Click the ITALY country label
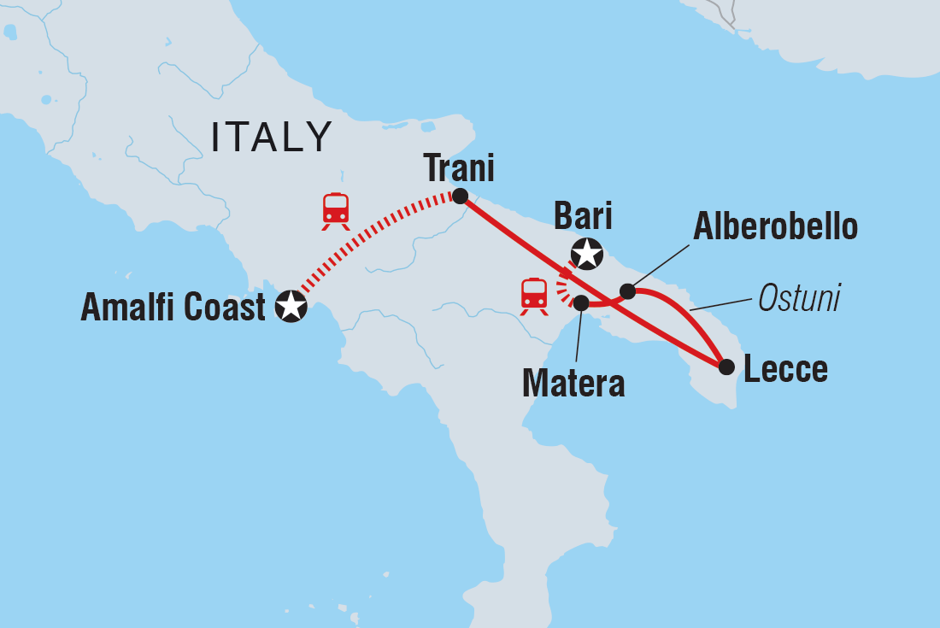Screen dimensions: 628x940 point(272,138)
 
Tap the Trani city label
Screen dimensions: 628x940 point(460,168)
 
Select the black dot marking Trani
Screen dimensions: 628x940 point(460,197)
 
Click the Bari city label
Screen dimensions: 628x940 point(583,217)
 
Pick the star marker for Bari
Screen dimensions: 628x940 point(587,254)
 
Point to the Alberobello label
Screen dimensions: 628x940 point(775,227)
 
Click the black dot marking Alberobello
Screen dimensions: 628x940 point(627,291)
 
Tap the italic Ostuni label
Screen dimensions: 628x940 point(799,298)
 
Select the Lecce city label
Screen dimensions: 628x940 point(785,370)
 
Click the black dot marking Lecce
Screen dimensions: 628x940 point(726,367)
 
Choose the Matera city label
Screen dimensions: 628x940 point(573,384)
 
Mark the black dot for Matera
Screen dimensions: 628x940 point(580,302)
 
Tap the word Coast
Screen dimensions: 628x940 point(226,308)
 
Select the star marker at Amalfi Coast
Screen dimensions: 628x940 point(291,306)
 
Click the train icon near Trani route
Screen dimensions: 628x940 point(336,211)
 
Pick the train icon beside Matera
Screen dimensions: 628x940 point(534,296)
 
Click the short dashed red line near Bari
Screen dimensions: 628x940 point(565,289)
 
